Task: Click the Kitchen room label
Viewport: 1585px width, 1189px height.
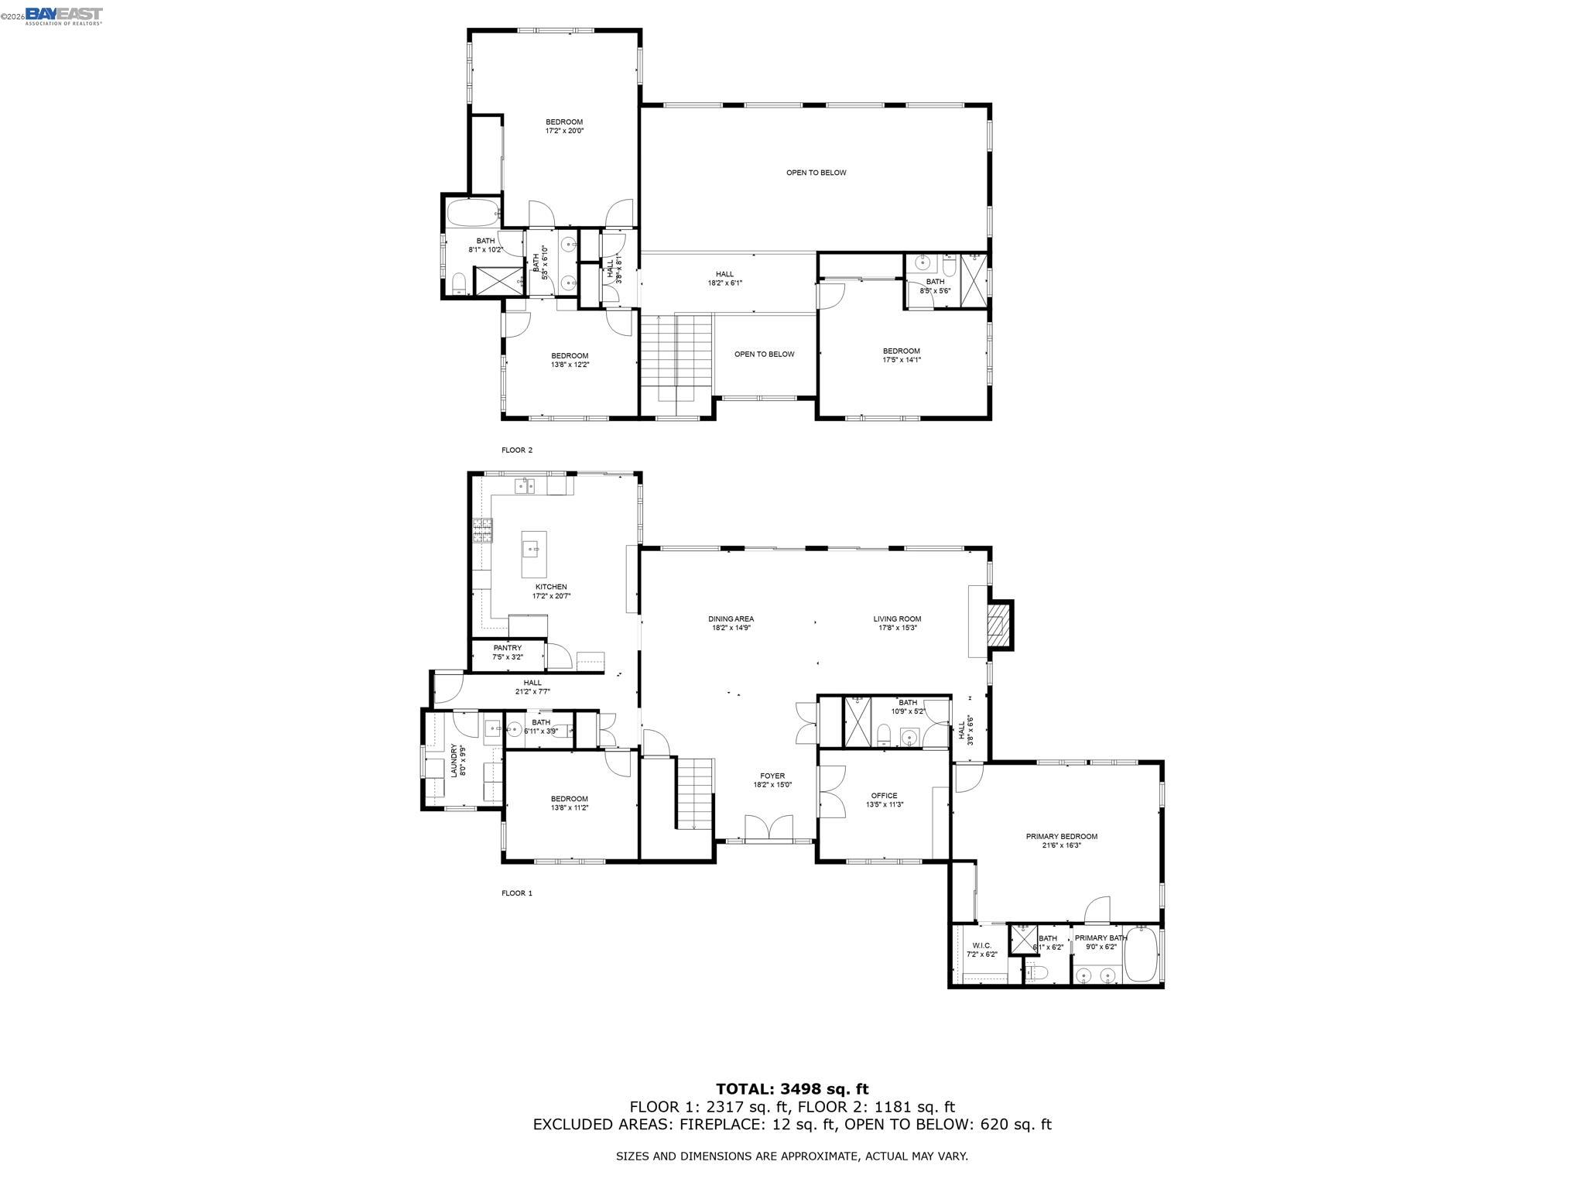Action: (551, 591)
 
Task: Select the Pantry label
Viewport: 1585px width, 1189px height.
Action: (508, 652)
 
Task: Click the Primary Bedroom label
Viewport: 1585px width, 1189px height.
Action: (1061, 841)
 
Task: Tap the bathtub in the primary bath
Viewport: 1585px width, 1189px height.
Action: (1140, 955)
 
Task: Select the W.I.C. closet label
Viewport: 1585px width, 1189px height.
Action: (981, 949)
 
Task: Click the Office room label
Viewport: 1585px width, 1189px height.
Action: (884, 800)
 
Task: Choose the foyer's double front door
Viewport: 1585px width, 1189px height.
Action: (769, 828)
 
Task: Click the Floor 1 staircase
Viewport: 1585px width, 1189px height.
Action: (694, 794)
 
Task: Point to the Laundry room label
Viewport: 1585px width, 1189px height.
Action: (458, 760)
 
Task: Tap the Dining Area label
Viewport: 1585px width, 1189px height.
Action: (731, 623)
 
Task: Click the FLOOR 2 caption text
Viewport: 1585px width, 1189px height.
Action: (517, 450)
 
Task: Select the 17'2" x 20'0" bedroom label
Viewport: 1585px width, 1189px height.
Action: (564, 126)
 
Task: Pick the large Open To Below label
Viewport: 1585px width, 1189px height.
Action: (816, 173)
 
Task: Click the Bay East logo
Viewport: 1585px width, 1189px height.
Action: (63, 15)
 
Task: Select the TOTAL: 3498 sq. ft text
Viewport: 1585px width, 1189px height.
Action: (792, 1089)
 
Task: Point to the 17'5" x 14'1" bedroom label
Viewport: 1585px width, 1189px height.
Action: (902, 355)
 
